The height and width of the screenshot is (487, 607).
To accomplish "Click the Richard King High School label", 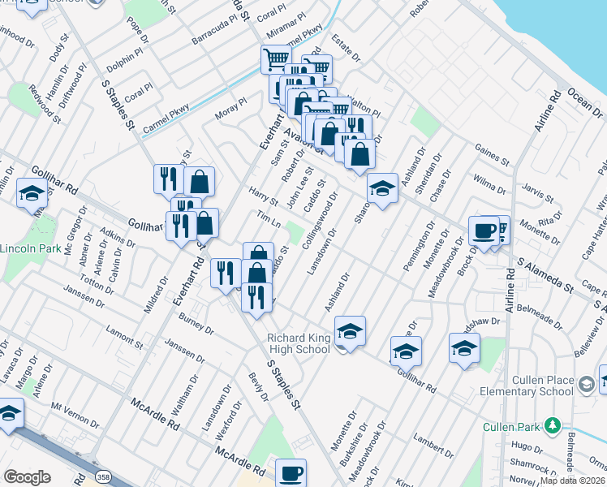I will [299, 343].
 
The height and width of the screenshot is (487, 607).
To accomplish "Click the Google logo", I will [27, 477].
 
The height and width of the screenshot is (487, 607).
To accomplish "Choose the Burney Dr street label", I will [196, 325].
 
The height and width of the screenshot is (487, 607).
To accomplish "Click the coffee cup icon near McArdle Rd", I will [291, 472].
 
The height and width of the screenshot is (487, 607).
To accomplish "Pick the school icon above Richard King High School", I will [350, 330].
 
